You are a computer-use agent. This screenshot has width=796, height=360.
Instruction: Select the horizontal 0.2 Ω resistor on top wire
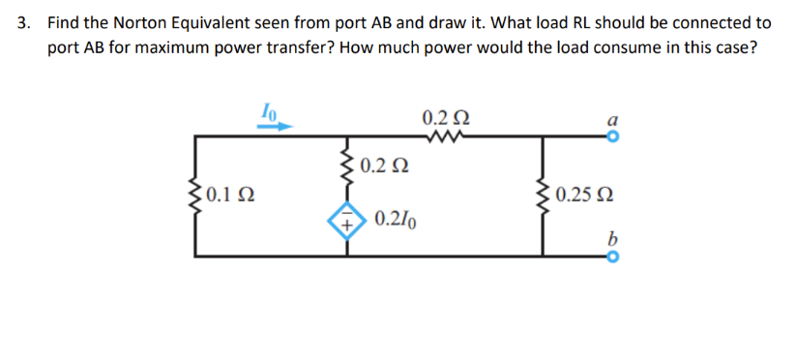pos(447,136)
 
